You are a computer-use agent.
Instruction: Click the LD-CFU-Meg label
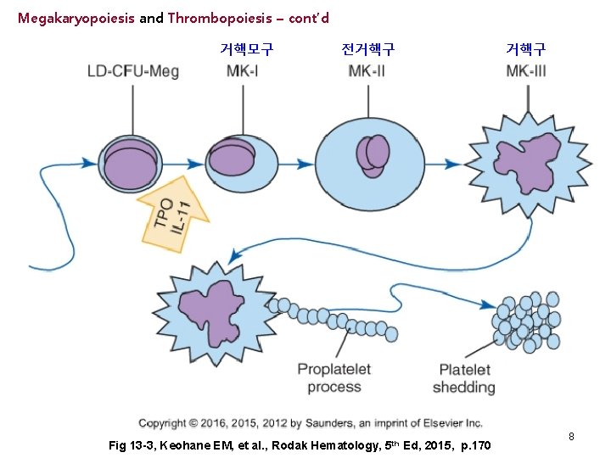coord(132,70)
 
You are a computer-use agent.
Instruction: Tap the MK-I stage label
coord(243,70)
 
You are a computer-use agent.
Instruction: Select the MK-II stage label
coord(367,70)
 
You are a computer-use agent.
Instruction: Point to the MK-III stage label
coord(526,70)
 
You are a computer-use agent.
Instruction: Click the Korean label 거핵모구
coord(246,48)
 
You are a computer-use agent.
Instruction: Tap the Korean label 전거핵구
coord(367,48)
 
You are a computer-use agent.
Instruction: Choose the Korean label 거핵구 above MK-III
coord(526,48)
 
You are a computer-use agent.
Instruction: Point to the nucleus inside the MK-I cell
coord(232,159)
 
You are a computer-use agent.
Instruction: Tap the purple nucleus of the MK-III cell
coord(525,163)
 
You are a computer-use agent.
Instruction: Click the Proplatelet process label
coord(334,378)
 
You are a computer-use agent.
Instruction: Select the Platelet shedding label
coord(464,378)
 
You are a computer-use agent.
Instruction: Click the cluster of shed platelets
coord(526,320)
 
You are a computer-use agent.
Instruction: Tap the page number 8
coord(571,436)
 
